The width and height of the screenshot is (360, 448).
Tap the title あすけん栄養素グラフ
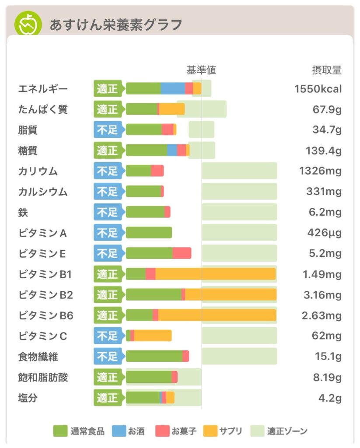pos(115,25)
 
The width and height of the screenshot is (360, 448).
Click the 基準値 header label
pos(201,70)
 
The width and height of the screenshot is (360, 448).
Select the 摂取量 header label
pos(326,70)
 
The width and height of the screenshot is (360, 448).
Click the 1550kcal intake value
pos(318,89)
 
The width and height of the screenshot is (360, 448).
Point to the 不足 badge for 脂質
pos(108,130)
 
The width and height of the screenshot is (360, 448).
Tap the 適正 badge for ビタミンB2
pos(108,295)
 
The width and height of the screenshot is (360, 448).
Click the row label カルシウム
pos(43,192)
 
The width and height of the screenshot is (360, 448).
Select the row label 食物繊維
pos(38,357)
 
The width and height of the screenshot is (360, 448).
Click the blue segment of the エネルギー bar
pos(173,89)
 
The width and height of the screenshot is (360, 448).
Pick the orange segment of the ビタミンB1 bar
pos(215,274)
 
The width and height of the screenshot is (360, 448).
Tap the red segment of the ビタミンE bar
pos(182,253)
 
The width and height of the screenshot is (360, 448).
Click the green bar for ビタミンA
pos(149,233)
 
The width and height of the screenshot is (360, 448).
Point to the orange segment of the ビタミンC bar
pos(153,336)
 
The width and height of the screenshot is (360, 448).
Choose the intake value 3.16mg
pos(322,295)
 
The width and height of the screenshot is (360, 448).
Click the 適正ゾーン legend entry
pos(280,431)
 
